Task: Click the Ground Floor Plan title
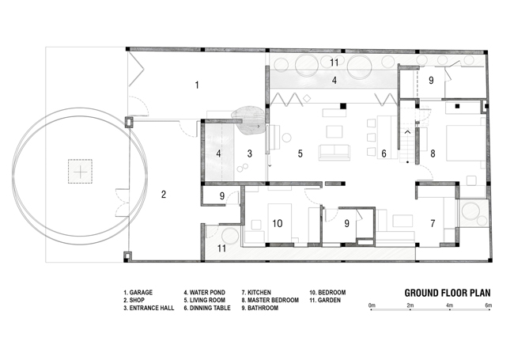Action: point(448,293)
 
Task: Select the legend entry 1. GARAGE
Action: point(138,293)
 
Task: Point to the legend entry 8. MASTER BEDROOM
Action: point(270,300)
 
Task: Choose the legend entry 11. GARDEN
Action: point(325,300)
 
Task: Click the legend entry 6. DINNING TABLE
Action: point(207,308)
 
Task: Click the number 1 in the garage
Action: point(197,85)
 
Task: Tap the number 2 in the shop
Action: point(164,195)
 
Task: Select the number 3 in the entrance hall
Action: point(249,153)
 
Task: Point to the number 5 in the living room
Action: point(300,153)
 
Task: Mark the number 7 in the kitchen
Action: point(433,223)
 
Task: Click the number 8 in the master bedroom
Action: point(433,153)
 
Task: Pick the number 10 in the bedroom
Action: point(278,223)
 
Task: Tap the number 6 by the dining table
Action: point(384,153)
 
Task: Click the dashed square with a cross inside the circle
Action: point(80,172)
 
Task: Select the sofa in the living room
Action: point(334,152)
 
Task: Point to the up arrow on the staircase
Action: point(408,132)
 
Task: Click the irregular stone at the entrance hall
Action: point(248,120)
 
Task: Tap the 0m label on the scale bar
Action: point(372,305)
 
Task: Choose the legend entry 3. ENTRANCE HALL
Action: point(149,308)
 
